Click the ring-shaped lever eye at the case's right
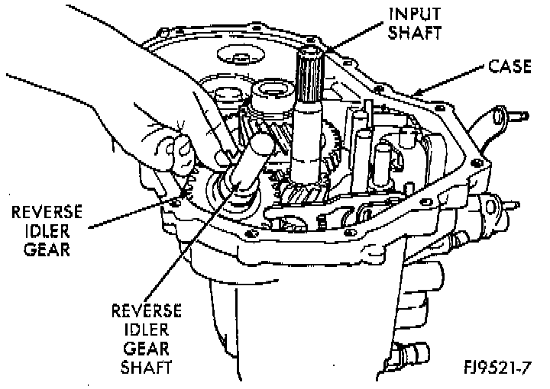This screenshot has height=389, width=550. click(x=500, y=116)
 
